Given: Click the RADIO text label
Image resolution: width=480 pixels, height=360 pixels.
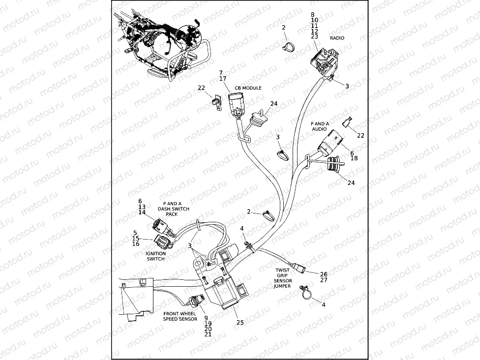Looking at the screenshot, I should point(337,38).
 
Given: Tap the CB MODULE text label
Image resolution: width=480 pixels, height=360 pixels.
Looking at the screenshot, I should point(248,88).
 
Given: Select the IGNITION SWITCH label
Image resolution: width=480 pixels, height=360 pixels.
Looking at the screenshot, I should point(156,256).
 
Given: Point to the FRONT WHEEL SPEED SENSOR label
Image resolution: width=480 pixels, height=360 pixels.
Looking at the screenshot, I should point(180,316).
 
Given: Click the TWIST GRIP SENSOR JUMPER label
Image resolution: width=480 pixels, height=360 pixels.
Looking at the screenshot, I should point(282,278).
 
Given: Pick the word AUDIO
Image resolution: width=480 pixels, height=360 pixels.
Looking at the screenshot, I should point(319,129).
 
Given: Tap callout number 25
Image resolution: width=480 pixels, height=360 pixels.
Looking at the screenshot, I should point(240,323).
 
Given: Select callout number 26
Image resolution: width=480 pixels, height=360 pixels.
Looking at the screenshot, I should point(323,274).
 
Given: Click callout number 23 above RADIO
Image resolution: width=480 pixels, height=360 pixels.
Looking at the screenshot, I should point(315,36).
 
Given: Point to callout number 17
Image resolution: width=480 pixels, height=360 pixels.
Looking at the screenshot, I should point(223,79).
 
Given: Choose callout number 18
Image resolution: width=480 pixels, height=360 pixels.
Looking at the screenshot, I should point(354,158).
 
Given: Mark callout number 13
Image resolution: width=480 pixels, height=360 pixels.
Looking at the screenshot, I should point(142,207).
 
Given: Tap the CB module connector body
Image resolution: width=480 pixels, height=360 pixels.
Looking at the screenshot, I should point(236,102).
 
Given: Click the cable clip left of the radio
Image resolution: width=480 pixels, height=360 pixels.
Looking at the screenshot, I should point(289,47).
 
